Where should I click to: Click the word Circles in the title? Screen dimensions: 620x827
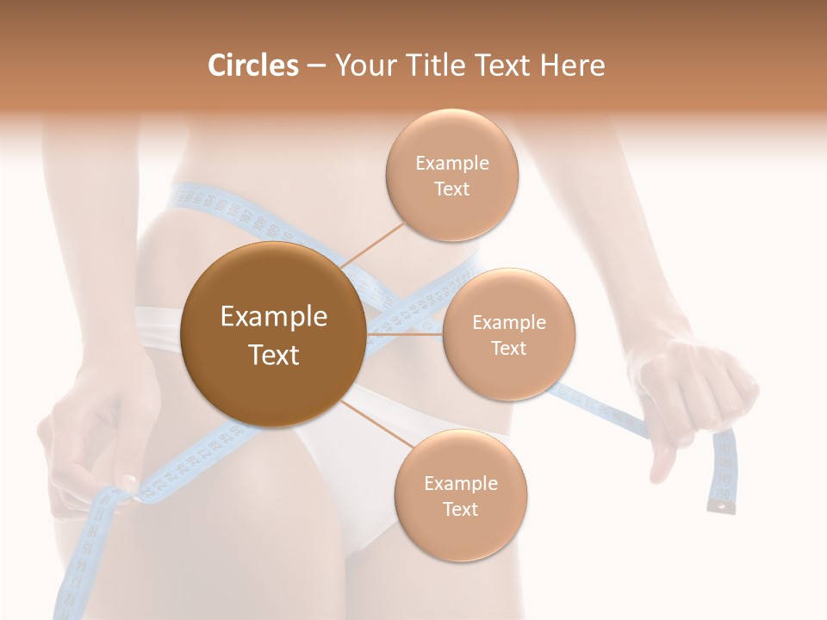pos(252,65)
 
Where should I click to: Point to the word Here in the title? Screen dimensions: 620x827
pos(572,65)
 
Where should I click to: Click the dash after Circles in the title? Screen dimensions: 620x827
pos(315,66)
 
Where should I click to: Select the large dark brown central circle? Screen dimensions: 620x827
pos(273,334)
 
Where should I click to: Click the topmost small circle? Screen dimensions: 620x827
pos(451,176)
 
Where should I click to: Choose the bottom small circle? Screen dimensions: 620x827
pos(460,496)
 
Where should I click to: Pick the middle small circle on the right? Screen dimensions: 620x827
pos(508,335)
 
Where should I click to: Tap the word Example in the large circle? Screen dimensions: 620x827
pos(273,317)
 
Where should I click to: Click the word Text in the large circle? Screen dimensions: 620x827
pos(273,355)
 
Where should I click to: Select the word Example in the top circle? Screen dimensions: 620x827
pos(451,164)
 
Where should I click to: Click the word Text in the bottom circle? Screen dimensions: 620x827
pos(460,509)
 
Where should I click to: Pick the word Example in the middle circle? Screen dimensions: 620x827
pos(508,323)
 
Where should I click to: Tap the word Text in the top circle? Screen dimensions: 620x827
pos(451,189)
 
